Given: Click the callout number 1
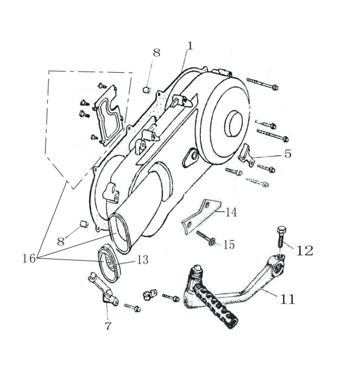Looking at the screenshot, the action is (190, 46).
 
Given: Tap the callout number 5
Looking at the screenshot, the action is (288, 154).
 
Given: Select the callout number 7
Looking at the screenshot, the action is (108, 326).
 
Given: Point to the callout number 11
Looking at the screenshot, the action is (287, 299).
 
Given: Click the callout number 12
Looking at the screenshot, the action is (305, 251).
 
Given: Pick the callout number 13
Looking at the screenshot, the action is (143, 260).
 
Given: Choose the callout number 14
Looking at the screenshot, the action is (231, 212).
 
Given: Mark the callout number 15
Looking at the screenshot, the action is (229, 244).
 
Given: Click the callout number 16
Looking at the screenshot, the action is (29, 258).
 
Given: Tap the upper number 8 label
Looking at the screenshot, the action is (156, 52).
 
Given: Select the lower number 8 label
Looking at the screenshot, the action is (61, 241).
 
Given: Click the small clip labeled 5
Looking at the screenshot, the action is (247, 155).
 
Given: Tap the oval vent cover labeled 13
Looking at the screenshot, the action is (108, 265).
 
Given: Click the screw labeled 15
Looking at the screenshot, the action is (206, 238).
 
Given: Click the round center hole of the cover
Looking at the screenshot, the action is (233, 123).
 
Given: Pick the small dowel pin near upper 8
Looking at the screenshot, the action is (147, 90).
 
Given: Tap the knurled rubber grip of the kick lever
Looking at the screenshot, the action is (216, 305).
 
